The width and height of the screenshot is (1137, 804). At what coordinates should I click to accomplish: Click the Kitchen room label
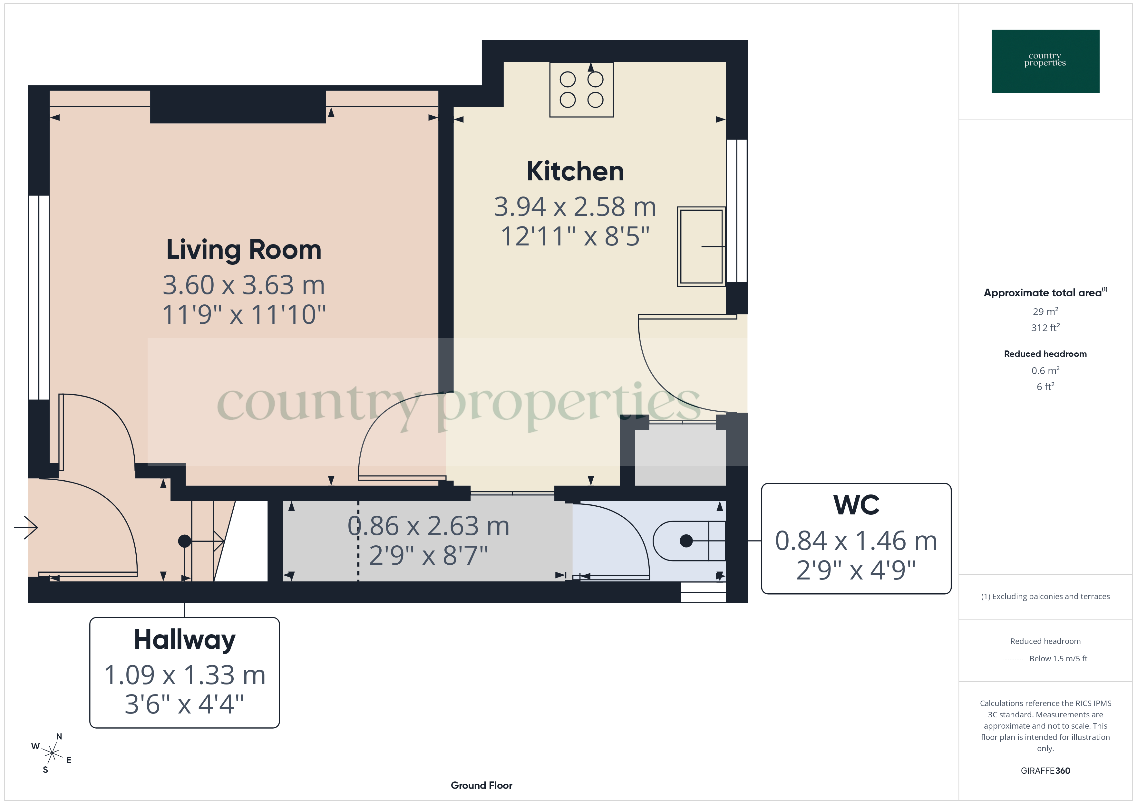click(x=575, y=172)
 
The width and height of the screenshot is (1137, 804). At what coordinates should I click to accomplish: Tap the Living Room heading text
click(x=244, y=250)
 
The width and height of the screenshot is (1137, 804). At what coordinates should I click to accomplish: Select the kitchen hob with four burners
click(x=581, y=90)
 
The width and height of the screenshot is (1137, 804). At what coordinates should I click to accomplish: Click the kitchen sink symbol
click(x=701, y=246)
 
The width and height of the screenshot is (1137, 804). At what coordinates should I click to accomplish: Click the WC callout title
click(x=856, y=505)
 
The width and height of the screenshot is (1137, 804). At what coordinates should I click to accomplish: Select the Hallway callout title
click(x=184, y=640)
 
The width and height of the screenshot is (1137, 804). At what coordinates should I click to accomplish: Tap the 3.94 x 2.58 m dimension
click(x=575, y=207)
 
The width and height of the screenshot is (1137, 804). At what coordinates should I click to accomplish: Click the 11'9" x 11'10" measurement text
click(x=244, y=315)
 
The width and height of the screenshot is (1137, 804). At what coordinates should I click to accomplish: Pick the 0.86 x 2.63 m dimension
click(x=428, y=526)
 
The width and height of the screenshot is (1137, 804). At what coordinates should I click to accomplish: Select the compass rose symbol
click(x=52, y=753)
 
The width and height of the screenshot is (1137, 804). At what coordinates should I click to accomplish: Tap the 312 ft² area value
click(x=1045, y=328)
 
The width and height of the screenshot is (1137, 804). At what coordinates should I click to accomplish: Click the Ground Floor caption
click(x=481, y=785)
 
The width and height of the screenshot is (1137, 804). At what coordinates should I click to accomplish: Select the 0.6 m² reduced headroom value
click(x=1045, y=370)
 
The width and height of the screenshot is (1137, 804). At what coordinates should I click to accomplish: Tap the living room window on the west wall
click(x=39, y=297)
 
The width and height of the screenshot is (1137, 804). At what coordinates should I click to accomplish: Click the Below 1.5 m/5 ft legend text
click(x=1058, y=658)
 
